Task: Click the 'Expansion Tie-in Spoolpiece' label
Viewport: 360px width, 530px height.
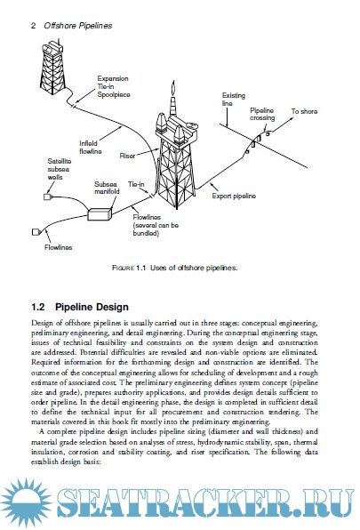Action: point(114,86)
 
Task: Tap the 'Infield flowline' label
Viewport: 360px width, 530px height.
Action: point(90,148)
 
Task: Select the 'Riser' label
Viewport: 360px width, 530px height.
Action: point(127,156)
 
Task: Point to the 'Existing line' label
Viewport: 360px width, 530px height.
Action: point(234,100)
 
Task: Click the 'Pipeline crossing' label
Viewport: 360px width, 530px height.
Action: point(262,114)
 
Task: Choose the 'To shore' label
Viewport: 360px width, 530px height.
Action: point(304,111)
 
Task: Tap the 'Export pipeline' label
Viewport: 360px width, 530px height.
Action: point(234,196)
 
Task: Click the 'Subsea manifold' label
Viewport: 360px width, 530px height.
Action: point(107,188)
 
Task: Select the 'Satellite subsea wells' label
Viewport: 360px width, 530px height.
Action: point(59,169)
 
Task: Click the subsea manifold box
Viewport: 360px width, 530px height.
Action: point(100,214)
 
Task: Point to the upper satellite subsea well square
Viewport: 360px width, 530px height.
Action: point(48,197)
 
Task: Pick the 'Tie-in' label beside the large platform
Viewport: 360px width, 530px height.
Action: point(136,184)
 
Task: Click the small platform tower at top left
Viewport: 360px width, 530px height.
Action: point(52,68)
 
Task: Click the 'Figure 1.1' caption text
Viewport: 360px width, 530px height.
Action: point(174,268)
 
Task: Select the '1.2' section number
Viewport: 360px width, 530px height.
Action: point(38,307)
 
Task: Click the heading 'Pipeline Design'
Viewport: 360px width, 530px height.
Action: point(92,307)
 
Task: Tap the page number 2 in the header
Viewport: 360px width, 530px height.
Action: point(33,26)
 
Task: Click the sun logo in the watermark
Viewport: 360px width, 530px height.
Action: point(26,502)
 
